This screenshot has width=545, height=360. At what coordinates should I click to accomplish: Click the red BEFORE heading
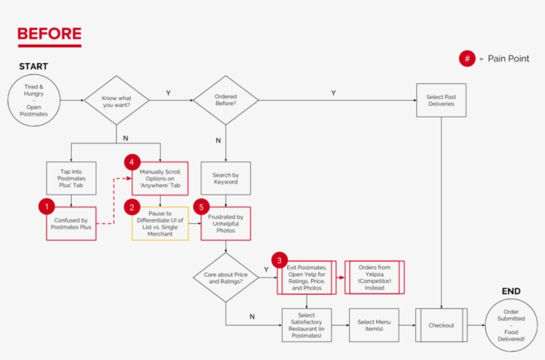coord(49,34)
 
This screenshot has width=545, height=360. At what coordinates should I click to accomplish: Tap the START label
coord(33,66)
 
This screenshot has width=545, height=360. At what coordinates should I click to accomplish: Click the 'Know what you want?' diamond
coord(116,101)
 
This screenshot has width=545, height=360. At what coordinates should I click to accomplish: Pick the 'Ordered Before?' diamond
coord(225,100)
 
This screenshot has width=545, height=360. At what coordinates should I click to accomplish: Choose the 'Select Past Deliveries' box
coord(441,100)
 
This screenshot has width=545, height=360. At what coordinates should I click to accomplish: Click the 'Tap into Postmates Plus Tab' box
coord(70,178)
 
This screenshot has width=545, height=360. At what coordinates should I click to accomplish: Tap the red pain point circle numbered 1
coord(47,207)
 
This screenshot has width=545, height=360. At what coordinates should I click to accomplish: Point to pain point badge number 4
coord(132,161)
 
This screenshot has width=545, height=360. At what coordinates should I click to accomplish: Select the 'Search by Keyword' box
coord(225,178)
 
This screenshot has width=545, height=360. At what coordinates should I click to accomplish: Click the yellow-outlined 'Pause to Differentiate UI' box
coord(160,223)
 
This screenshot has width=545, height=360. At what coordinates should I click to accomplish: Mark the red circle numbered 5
coord(200,207)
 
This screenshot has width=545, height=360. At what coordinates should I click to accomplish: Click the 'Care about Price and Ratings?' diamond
coord(225,277)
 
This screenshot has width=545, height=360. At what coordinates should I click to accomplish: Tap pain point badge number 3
coord(280,260)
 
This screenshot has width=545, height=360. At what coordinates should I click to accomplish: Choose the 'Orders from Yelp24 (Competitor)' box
coord(374,277)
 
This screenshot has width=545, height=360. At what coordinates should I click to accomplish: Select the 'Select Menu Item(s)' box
coord(374,325)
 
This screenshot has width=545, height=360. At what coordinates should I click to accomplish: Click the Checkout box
coord(441,325)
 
